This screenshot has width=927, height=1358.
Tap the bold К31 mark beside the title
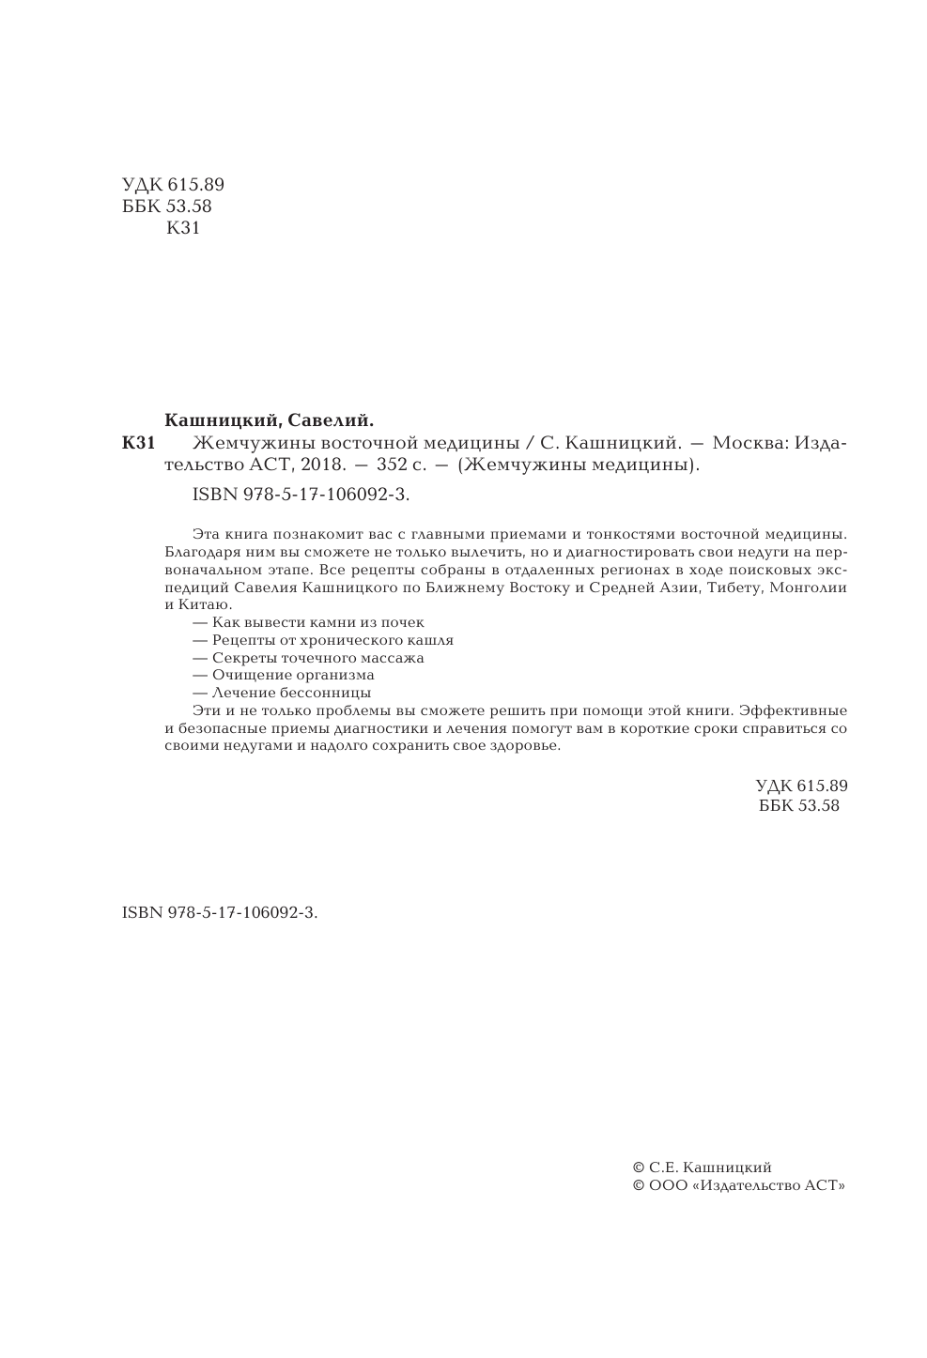pos(138,443)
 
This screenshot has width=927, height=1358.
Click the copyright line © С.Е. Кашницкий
pos(703,1167)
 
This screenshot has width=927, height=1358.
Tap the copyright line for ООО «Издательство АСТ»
pos(740,1185)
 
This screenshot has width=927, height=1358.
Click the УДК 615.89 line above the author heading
pos(174,185)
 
